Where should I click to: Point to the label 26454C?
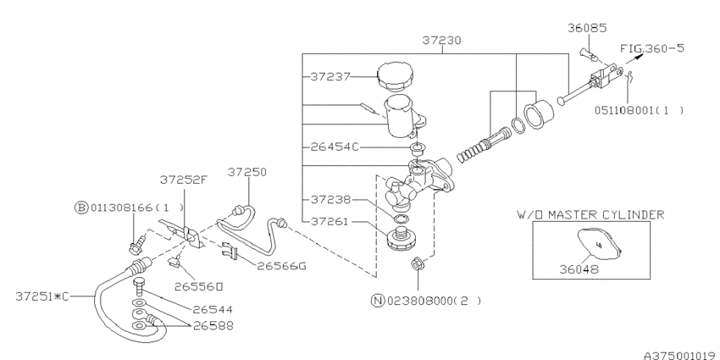point(334,147)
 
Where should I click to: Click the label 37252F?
point(181,180)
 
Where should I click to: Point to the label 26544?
point(212,309)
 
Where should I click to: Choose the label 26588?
point(212,324)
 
